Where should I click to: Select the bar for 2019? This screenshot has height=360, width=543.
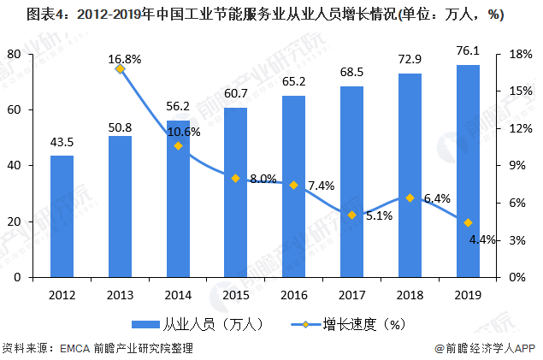point(468,171)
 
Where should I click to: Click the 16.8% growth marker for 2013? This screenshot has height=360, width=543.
point(121,69)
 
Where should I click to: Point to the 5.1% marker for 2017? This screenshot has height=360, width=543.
point(351,215)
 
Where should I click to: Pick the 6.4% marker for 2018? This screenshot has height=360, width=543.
point(410,198)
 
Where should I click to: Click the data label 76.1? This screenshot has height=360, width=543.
point(468,50)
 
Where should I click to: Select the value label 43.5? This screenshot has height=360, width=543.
point(62,141)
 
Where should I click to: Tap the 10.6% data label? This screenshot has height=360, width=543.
point(184,132)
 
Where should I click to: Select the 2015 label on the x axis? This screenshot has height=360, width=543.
point(236,295)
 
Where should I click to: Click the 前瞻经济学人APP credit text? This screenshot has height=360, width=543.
point(484,348)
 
